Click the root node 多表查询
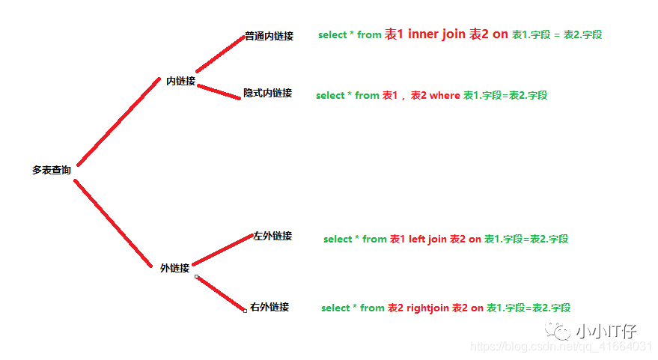pyautogui.click(x=52, y=171)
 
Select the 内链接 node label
pyautogui.click(x=180, y=81)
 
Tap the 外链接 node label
pyautogui.click(x=174, y=268)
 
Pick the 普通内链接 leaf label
pyautogui.click(x=269, y=36)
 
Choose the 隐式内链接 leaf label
pyautogui.click(x=267, y=94)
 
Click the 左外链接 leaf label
pyautogui.click(x=272, y=236)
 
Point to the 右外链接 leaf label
pyautogui.click(x=269, y=307)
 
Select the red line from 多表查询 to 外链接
pyautogui.click(x=112, y=222)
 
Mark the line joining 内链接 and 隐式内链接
pyautogui.click(x=218, y=91)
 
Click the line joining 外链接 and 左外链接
pyautogui.click(x=222, y=251)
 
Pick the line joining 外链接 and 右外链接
pyautogui.click(x=221, y=293)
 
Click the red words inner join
pyautogui.click(x=436, y=34)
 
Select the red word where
pyautogui.click(x=445, y=96)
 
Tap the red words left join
pyautogui.click(x=427, y=240)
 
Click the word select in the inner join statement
pyautogui.click(x=332, y=35)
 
